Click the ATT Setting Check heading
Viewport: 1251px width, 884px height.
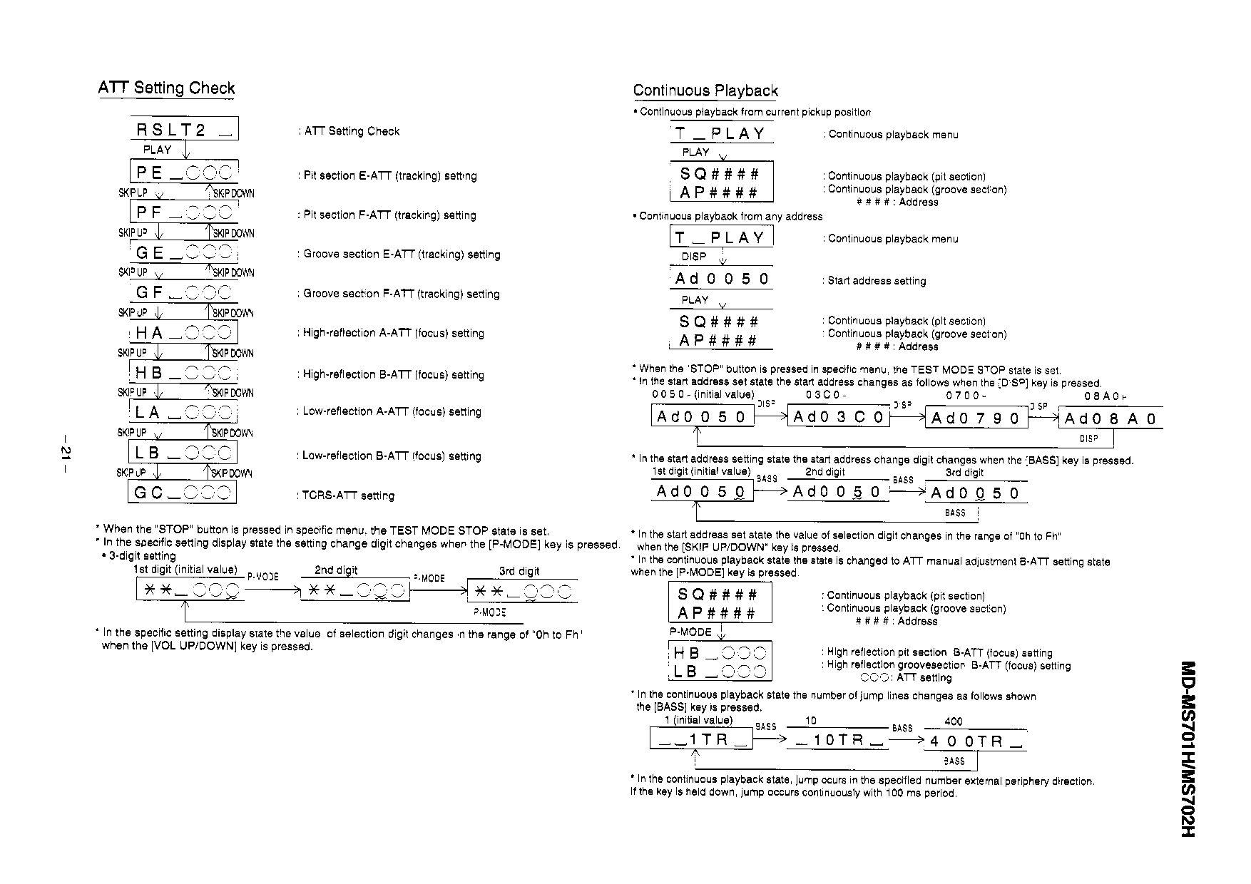166,88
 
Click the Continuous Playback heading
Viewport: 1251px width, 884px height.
705,91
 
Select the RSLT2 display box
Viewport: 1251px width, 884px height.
184,129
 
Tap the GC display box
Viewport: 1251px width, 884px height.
182,492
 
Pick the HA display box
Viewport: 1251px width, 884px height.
183,333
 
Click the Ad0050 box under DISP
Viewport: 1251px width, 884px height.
722,279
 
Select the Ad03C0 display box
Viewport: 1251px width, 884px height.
838,417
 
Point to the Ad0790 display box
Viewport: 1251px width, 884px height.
976,418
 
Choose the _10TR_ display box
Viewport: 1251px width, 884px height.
838,740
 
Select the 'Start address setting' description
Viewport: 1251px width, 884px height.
877,281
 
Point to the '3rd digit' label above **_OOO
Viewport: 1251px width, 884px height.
519,571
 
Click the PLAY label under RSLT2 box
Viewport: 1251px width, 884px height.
157,150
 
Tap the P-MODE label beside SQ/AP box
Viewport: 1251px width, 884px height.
690,632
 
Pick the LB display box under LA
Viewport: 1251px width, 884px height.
183,453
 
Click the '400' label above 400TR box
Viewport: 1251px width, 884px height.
953,721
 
